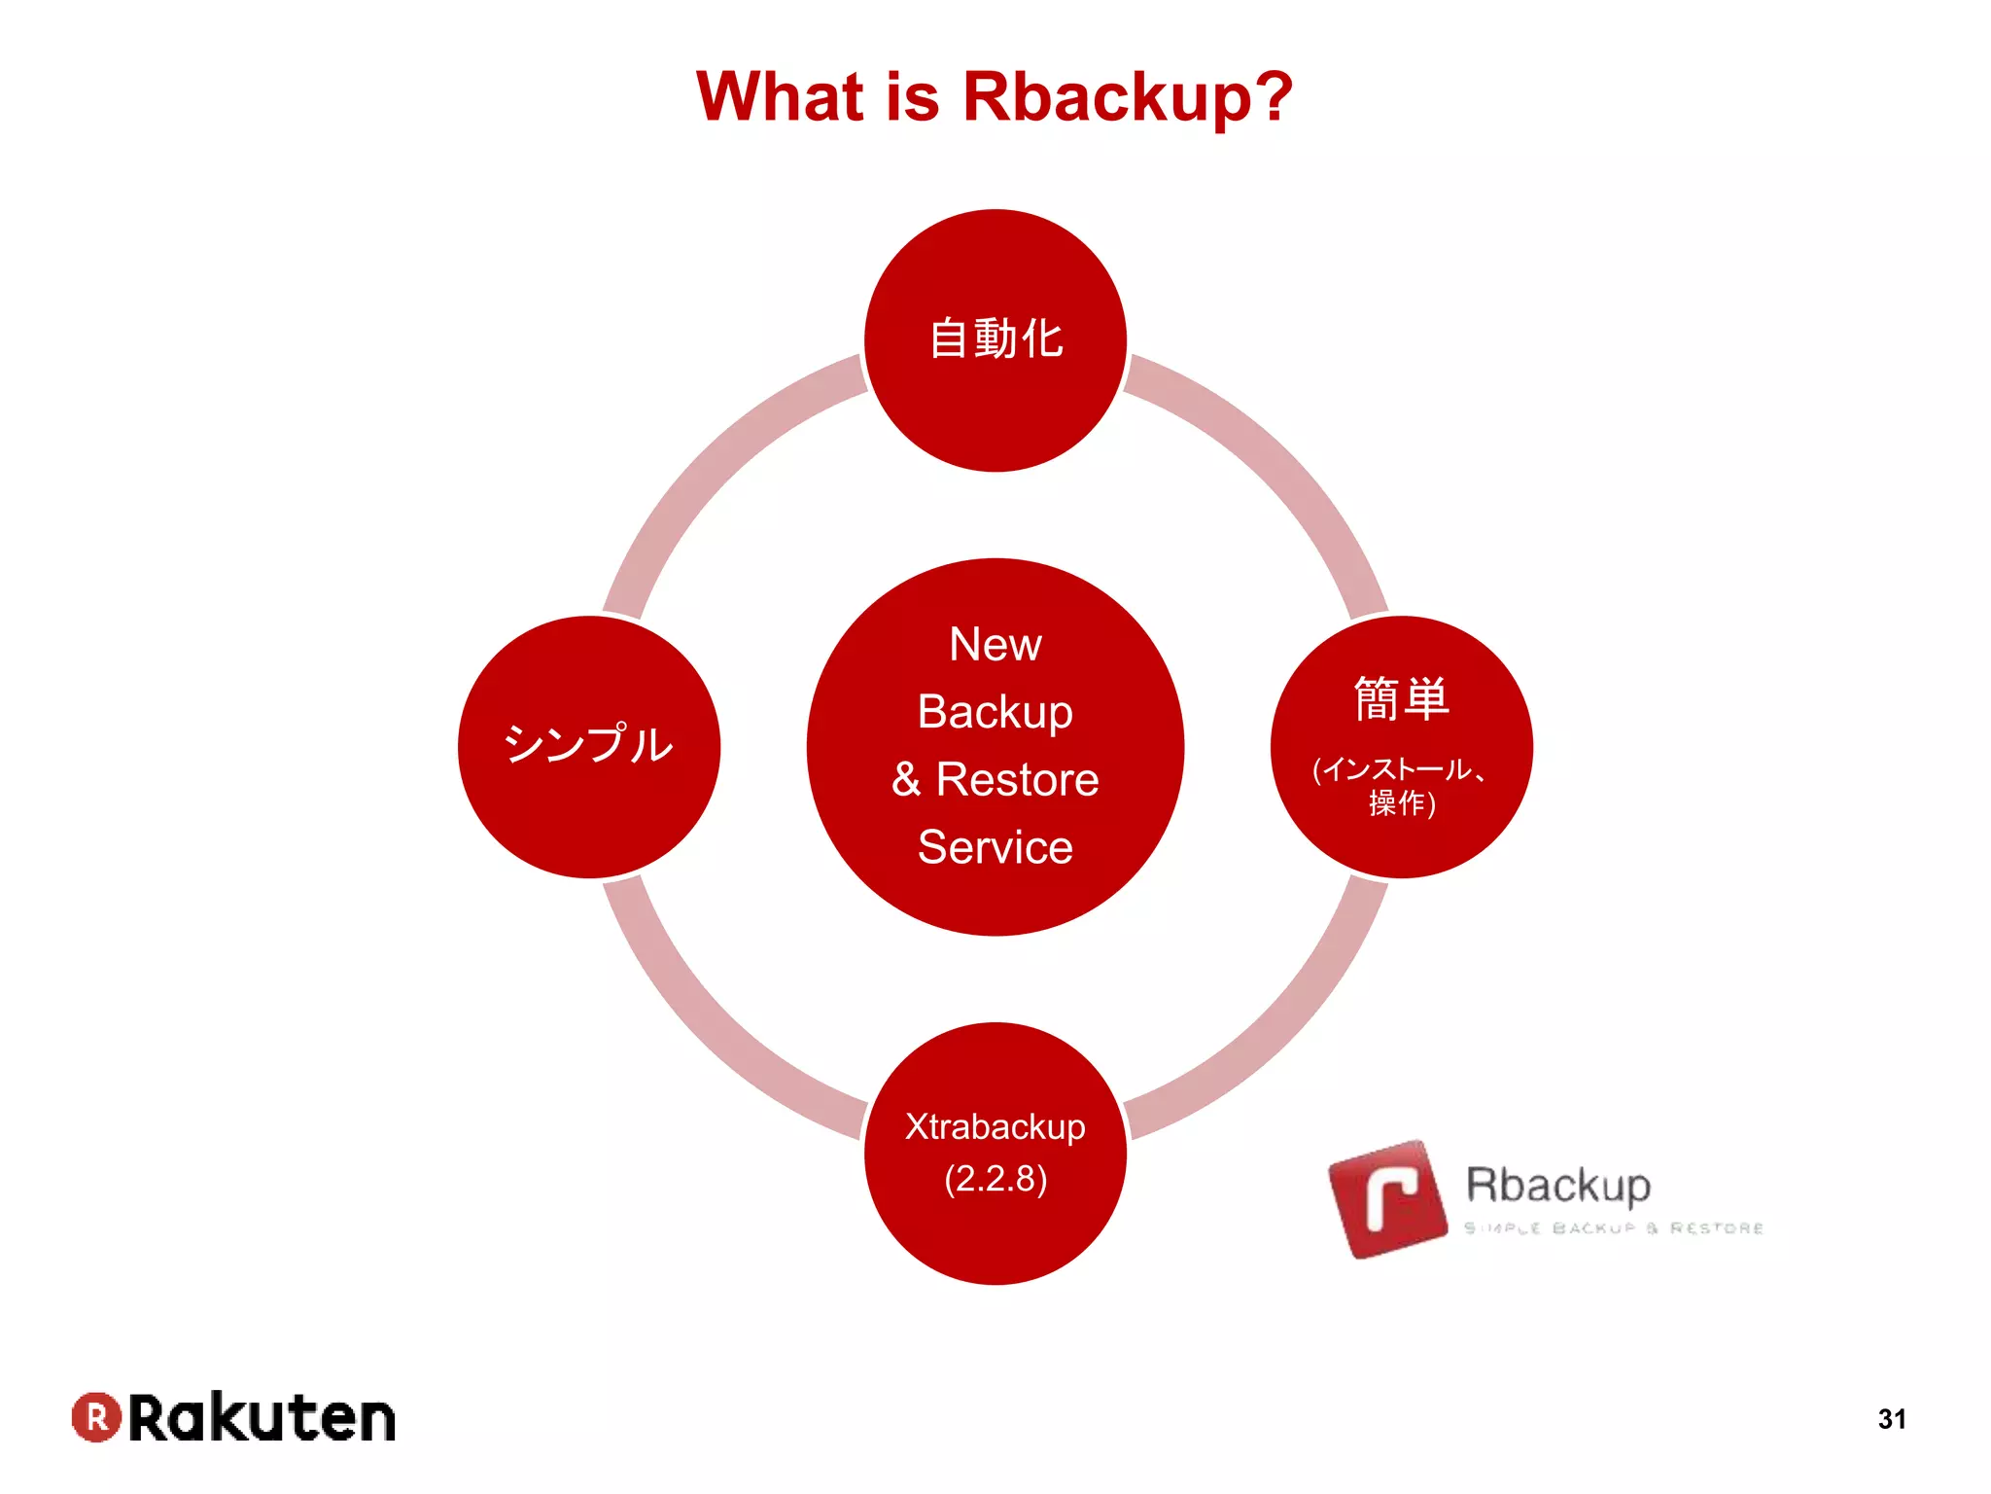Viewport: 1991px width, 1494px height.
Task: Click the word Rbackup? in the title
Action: [1127, 97]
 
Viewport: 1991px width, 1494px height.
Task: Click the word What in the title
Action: [780, 97]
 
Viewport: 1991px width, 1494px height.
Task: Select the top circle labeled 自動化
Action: [995, 339]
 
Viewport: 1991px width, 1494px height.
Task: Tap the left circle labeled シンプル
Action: [588, 745]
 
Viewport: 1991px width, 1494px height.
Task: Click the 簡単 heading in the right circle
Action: [1401, 699]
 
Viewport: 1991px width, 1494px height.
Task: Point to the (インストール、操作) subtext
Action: [1400, 786]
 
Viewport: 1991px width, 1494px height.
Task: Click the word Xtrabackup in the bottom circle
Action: [995, 1126]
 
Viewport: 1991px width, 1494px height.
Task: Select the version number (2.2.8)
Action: [995, 1179]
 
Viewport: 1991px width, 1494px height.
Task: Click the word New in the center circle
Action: [995, 644]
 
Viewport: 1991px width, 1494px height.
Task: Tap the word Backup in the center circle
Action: [995, 712]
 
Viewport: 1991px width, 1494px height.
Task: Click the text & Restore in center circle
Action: [995, 779]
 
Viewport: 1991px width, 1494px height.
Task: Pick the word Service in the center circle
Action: [995, 847]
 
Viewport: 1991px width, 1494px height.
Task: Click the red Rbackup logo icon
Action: [1388, 1199]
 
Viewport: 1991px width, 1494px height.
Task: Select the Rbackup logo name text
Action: [1557, 1185]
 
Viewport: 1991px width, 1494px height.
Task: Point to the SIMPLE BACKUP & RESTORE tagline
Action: [1614, 1228]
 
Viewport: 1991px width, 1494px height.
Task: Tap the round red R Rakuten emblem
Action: [96, 1417]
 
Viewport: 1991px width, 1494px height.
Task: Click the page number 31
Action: [1891, 1419]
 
